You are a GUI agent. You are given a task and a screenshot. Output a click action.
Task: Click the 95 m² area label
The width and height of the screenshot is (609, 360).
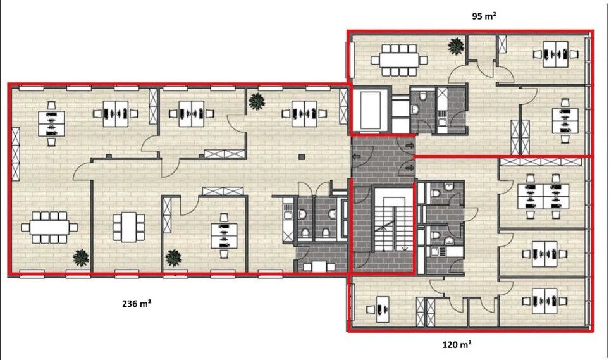point(484,16)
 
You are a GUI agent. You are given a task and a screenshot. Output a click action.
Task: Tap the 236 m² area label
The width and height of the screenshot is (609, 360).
point(137,304)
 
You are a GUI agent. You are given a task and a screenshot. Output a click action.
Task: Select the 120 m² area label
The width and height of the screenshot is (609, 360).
point(457,344)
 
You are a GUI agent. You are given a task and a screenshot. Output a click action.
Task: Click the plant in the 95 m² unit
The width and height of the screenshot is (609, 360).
point(455,46)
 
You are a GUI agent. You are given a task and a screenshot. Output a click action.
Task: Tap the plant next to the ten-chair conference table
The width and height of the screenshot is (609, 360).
point(81,258)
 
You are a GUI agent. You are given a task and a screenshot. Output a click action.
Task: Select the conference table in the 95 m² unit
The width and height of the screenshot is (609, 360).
point(399,60)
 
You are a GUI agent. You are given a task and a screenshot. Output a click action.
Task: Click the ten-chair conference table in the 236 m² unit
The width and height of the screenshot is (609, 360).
point(49,227)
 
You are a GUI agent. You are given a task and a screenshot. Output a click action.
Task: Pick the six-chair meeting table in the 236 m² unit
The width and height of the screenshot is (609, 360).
point(128,227)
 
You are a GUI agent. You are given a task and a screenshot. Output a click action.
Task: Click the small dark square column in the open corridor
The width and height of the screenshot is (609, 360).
point(302,157)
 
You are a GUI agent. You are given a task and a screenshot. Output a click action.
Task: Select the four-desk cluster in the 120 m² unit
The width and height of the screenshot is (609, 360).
point(543,196)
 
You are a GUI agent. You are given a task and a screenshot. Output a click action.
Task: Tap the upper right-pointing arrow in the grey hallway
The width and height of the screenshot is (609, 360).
point(409,146)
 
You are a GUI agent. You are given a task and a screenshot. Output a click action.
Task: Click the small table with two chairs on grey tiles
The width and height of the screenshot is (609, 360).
point(319,267)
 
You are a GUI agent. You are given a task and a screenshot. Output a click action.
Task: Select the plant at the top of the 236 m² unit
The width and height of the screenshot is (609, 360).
point(257,102)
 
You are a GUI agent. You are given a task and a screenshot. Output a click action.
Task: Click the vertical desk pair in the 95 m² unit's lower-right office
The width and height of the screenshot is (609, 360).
point(565,121)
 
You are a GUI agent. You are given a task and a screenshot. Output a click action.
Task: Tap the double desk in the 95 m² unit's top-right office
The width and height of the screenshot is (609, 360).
point(555,54)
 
